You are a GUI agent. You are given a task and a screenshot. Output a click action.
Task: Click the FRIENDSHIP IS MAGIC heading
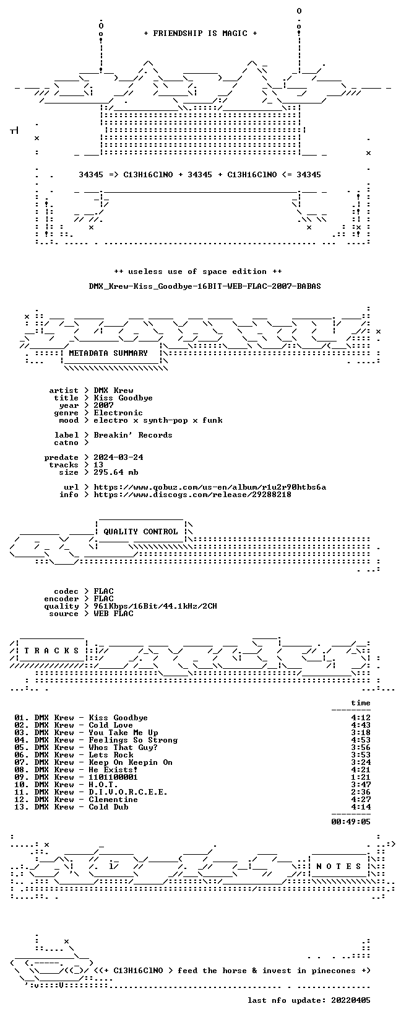(x=200, y=33)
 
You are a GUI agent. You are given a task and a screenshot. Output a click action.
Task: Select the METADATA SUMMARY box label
(x=108, y=353)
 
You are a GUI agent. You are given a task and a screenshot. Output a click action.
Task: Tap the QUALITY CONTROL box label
(x=140, y=531)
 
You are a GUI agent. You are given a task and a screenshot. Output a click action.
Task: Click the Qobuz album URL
(x=210, y=487)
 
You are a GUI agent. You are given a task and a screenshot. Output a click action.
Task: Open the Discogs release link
(x=192, y=495)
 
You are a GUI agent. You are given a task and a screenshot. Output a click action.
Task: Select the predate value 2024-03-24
(x=119, y=457)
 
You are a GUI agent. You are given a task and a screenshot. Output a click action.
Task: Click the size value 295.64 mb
(x=116, y=472)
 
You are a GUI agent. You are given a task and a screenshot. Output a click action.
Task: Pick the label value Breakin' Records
(x=133, y=435)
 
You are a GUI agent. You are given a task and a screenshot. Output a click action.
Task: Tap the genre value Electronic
(x=118, y=413)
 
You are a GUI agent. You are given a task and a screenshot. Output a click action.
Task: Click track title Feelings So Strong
(x=133, y=740)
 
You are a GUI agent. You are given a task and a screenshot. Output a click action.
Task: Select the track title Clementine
(x=113, y=800)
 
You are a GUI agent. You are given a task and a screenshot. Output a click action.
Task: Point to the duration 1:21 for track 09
(x=361, y=777)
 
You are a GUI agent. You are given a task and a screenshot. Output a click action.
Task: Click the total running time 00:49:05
(x=351, y=821)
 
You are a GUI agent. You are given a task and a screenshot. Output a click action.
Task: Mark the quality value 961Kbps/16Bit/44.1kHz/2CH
(x=155, y=606)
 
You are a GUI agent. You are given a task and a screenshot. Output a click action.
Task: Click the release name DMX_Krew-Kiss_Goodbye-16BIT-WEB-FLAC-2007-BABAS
(x=205, y=286)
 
